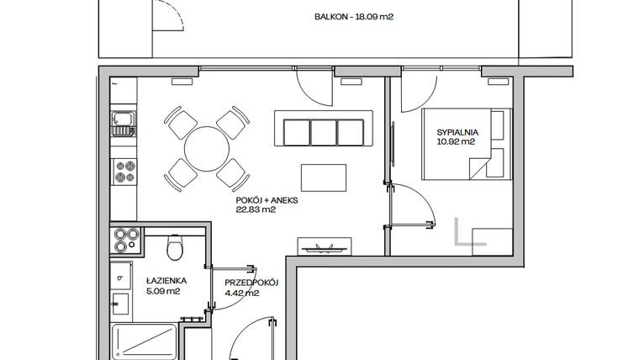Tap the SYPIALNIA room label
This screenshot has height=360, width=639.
click(457, 131)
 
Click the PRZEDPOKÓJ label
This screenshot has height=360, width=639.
click(251, 283)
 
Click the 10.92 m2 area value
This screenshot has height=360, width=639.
click(457, 141)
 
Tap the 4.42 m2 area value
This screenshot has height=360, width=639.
click(240, 293)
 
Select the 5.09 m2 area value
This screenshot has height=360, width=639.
click(163, 293)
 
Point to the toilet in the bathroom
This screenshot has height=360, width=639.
click(175, 248)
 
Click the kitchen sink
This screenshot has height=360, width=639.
click(124, 124)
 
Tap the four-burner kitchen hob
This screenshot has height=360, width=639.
click(125, 172)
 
